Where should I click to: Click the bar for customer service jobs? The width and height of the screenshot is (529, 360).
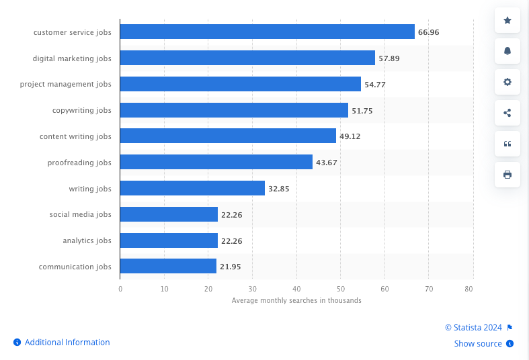point(267,32)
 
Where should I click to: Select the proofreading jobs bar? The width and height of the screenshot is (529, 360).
point(216,163)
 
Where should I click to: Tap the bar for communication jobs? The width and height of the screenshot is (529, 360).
point(168,267)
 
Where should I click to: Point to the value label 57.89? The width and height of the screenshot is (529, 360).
point(389,58)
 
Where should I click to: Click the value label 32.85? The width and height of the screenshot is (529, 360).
point(278,189)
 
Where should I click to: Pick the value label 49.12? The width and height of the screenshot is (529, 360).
point(350,136)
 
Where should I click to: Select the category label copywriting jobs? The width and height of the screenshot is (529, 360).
point(82,110)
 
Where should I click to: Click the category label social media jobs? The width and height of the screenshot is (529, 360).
point(80,214)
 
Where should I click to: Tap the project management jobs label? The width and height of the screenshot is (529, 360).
point(66,84)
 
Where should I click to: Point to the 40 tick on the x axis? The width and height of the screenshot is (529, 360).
point(296,289)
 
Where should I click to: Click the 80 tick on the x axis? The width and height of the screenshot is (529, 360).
point(469,289)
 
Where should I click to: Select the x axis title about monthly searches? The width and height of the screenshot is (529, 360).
point(296,300)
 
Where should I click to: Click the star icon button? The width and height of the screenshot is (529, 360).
point(507,21)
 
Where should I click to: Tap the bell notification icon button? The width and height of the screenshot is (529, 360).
point(507,51)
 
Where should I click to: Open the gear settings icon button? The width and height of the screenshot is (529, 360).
point(507,82)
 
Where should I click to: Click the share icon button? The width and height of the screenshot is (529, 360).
point(507,113)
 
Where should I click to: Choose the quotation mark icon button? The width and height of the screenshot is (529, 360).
point(507,144)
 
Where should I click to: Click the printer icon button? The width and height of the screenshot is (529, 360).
point(507,175)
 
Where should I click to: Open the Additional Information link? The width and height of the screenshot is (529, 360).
point(67,343)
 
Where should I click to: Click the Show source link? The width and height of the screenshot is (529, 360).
point(478,344)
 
